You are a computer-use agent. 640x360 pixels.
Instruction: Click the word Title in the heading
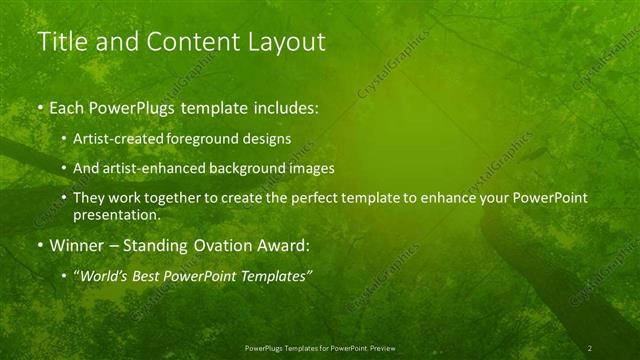(62, 42)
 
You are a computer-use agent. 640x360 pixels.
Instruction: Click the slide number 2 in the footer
(589, 348)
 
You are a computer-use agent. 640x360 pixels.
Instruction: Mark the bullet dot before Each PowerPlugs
(40, 105)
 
